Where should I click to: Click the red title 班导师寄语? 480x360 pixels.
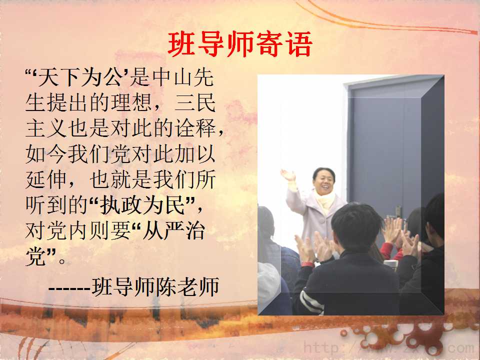240,44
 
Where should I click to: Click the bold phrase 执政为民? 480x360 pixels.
142,205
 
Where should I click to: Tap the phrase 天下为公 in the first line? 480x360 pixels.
80,77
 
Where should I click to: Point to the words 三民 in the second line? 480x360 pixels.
195,103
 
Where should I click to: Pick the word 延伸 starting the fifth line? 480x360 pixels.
46,179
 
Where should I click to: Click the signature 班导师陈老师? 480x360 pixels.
155,287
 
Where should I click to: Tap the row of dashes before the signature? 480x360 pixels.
69,288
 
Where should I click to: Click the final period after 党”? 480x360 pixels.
62,261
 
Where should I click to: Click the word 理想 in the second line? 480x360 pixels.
131,103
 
